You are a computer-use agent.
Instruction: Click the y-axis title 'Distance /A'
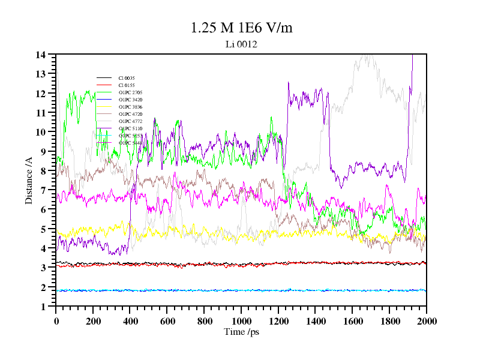pyautogui.click(x=29, y=181)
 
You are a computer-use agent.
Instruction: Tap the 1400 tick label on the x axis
pyautogui.click(x=316, y=321)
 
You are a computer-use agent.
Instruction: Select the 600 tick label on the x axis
pyautogui.click(x=167, y=321)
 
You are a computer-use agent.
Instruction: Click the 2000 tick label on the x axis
pyautogui.click(x=427, y=321)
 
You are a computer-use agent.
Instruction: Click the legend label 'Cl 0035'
pyautogui.click(x=127, y=78)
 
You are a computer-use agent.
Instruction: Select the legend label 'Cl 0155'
pyautogui.click(x=127, y=85)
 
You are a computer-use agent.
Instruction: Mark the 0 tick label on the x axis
pyautogui.click(x=56, y=321)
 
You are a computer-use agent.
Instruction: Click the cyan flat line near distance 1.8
pyautogui.click(x=240, y=290)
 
